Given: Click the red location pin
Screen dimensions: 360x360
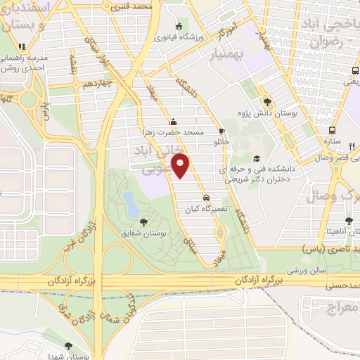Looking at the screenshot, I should (x=182, y=167).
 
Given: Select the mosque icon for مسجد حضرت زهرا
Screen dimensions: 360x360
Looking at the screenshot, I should (x=173, y=121).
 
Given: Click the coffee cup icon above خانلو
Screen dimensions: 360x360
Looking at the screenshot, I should (x=221, y=131).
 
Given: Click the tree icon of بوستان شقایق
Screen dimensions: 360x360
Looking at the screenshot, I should (x=144, y=221).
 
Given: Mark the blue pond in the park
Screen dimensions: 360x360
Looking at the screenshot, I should (x=131, y=204).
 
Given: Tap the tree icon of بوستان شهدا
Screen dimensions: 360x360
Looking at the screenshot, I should (x=68, y=345).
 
